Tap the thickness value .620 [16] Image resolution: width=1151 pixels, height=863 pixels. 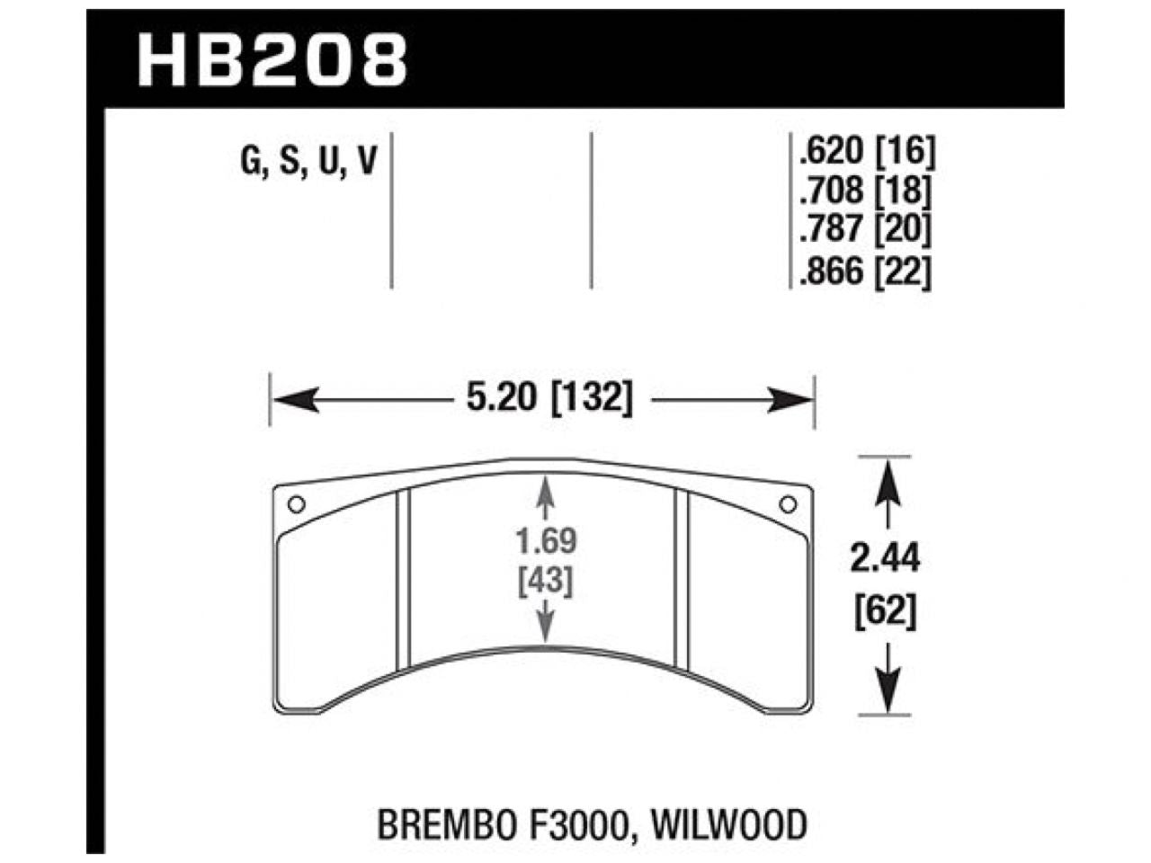864,151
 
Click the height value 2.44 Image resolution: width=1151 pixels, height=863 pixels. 887,560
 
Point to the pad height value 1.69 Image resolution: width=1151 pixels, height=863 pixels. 546,542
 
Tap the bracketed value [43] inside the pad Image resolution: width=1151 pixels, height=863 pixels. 546,582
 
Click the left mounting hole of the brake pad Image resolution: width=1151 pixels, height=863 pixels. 299,503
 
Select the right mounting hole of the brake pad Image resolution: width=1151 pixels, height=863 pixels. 788,503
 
